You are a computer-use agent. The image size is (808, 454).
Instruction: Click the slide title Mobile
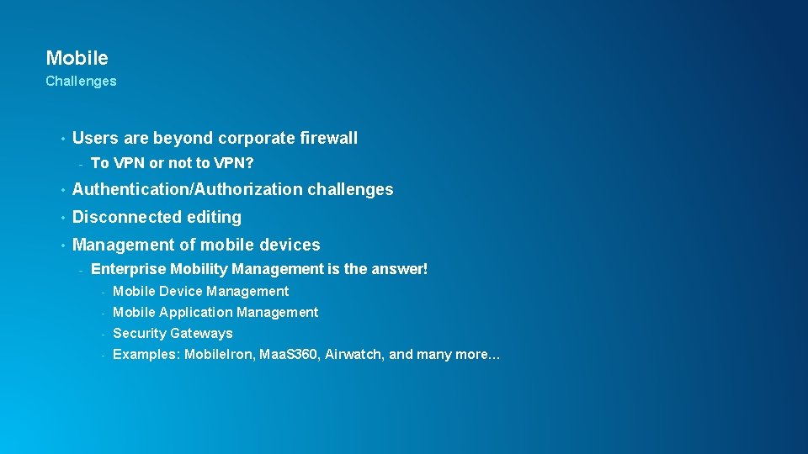pos(77,58)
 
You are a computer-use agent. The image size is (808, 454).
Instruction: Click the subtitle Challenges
pos(81,82)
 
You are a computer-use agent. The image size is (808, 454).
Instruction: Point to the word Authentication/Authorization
pos(187,190)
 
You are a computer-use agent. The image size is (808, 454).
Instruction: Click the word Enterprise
pos(128,269)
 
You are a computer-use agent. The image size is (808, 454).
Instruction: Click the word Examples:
pos(144,354)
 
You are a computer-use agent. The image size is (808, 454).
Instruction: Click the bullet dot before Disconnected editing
pos(61,218)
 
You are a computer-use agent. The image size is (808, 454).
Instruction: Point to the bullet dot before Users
pos(61,139)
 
